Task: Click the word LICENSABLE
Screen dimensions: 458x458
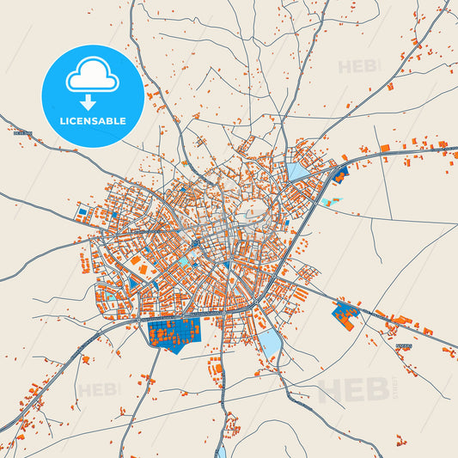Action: tap(92, 121)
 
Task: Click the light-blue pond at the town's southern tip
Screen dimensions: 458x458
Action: tap(270, 345)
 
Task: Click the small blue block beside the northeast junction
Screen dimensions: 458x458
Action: tap(339, 176)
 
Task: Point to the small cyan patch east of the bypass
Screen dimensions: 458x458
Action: tap(333, 201)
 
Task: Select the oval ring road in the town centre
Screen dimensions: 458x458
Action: tap(256, 209)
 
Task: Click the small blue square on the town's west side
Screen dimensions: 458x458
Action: tap(82, 211)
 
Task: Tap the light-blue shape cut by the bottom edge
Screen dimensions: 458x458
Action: tap(221, 450)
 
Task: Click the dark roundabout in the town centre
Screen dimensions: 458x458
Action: tap(195, 244)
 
